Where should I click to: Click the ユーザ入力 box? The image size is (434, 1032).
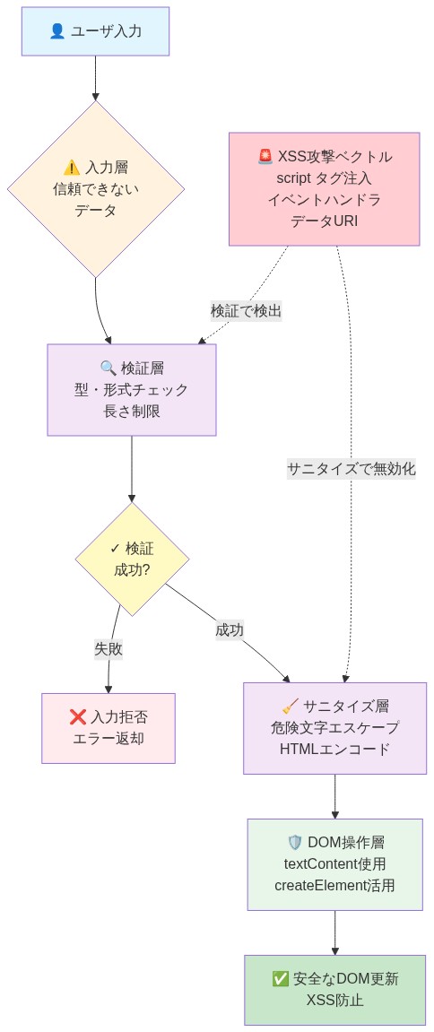pyautogui.click(x=95, y=31)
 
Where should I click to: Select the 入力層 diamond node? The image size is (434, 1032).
pyautogui.click(x=96, y=188)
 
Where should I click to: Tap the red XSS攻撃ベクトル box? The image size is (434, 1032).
pyautogui.click(x=324, y=188)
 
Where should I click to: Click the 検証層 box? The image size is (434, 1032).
pyautogui.click(x=132, y=390)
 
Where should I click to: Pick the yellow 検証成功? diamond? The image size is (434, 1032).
pyautogui.click(x=132, y=559)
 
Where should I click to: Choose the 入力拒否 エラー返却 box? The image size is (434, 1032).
pyautogui.click(x=108, y=728)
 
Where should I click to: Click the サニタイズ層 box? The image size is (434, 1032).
pyautogui.click(x=334, y=728)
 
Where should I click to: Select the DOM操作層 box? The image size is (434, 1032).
pyautogui.click(x=334, y=864)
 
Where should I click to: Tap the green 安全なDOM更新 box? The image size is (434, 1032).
pyautogui.click(x=334, y=990)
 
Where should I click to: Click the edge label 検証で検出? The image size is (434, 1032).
pyautogui.click(x=246, y=311)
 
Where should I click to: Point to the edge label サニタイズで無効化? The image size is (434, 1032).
pyautogui.click(x=351, y=468)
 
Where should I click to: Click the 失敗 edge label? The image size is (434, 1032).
pyautogui.click(x=108, y=648)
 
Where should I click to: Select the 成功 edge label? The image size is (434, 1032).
pyautogui.click(x=230, y=629)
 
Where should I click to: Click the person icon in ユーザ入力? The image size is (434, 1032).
pyautogui.click(x=57, y=31)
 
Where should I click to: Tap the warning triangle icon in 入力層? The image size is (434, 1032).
pyautogui.click(x=72, y=168)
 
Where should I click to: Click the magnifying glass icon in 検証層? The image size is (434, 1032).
pyautogui.click(x=108, y=369)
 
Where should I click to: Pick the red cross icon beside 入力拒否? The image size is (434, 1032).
pyautogui.click(x=77, y=717)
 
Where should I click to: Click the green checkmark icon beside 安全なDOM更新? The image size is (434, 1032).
pyautogui.click(x=280, y=979)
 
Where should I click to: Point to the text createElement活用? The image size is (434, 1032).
pyautogui.click(x=334, y=885)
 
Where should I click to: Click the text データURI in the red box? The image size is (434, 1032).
pyautogui.click(x=324, y=221)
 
